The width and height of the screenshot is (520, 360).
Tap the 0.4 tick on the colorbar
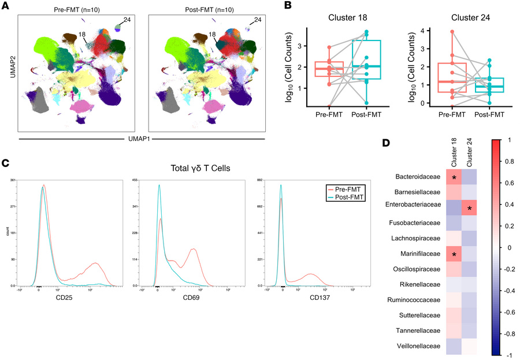pyautogui.click(x=507, y=204)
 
